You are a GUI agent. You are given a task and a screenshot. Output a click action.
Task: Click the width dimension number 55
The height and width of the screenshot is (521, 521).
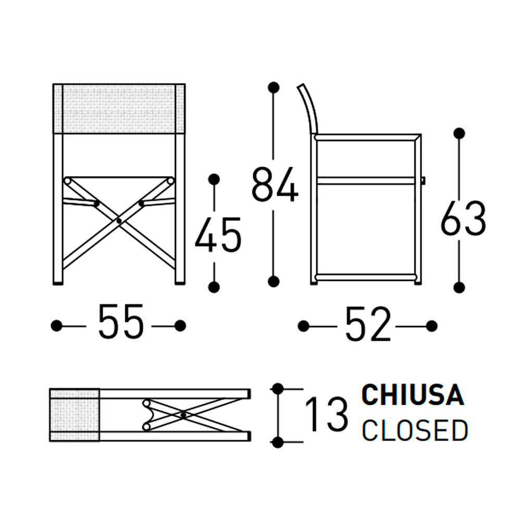[121, 321]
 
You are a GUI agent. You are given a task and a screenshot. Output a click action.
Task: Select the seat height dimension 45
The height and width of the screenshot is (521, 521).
[218, 234]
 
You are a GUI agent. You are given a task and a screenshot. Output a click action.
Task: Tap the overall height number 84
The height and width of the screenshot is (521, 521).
[275, 184]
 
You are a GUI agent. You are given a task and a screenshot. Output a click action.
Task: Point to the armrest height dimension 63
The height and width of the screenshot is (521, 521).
[463, 218]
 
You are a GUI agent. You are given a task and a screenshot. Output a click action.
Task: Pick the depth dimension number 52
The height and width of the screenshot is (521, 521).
[368, 324]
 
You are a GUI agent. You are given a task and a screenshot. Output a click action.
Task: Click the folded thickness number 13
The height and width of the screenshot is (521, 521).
[326, 414]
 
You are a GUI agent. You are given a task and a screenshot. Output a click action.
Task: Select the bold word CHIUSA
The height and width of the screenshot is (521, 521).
[412, 395]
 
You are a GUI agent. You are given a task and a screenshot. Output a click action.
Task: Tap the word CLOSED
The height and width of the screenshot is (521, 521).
[415, 430]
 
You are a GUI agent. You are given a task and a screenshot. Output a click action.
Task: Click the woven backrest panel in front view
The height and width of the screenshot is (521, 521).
[119, 109]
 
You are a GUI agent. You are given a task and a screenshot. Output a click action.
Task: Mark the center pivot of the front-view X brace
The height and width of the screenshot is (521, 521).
[119, 221]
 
